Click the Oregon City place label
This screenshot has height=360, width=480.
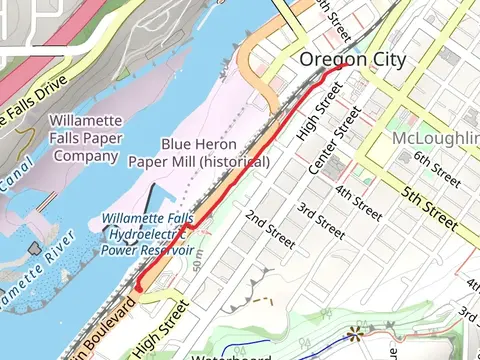click(354, 60)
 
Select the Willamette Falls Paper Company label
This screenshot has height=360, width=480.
click(86, 138)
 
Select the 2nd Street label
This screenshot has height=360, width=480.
click(267, 229)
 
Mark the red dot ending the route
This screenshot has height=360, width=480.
click(138, 288)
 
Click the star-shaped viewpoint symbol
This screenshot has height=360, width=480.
click(354, 334)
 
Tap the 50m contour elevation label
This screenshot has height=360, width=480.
click(197, 262)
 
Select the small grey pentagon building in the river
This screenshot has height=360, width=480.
click(36, 247)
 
